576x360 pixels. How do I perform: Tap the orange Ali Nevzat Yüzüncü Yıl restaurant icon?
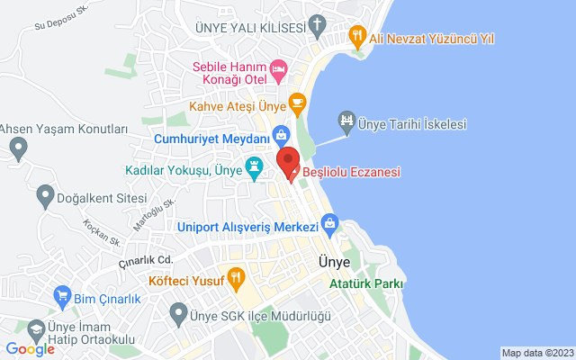(x=357, y=38)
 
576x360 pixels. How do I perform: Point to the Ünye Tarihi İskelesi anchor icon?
(x=346, y=120)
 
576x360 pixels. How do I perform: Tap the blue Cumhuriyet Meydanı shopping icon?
(x=282, y=136)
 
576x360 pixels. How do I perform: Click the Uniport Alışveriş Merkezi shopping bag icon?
(x=329, y=222)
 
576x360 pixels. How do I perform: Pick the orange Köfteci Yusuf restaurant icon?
(x=236, y=276)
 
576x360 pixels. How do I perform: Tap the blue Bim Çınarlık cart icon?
(x=62, y=295)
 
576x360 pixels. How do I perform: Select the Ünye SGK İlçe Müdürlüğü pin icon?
(x=177, y=315)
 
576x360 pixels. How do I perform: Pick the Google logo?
(x=30, y=349)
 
